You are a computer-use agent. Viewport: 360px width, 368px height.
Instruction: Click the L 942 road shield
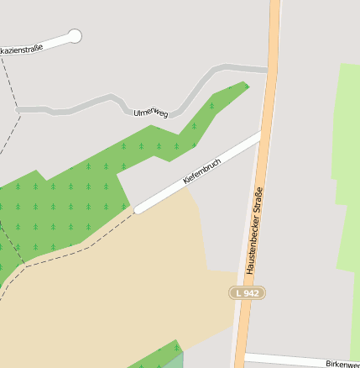click(x=247, y=292)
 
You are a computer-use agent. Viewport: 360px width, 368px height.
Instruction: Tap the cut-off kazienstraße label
click(x=21, y=50)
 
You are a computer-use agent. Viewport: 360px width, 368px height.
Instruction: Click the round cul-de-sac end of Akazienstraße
click(x=75, y=36)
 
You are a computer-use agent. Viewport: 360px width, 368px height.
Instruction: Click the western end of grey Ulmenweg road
click(x=19, y=109)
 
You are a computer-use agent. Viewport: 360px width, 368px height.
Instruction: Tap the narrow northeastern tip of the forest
click(x=244, y=85)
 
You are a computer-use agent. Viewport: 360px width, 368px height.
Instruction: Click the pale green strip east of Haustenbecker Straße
click(x=346, y=168)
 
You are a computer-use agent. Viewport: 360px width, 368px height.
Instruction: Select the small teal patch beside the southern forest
click(x=173, y=361)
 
